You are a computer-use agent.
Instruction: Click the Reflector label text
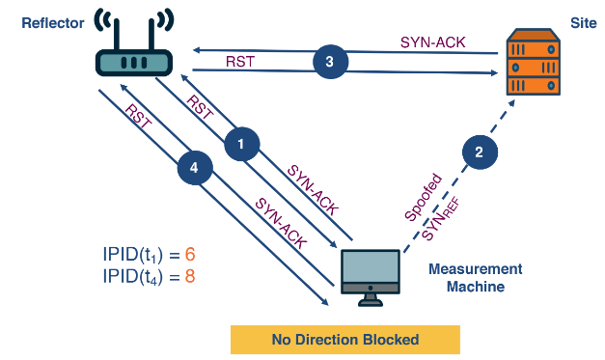(54, 21)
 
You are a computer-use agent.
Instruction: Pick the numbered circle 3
(330, 61)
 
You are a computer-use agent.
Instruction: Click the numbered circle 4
(194, 167)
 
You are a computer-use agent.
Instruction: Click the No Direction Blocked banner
(344, 340)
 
